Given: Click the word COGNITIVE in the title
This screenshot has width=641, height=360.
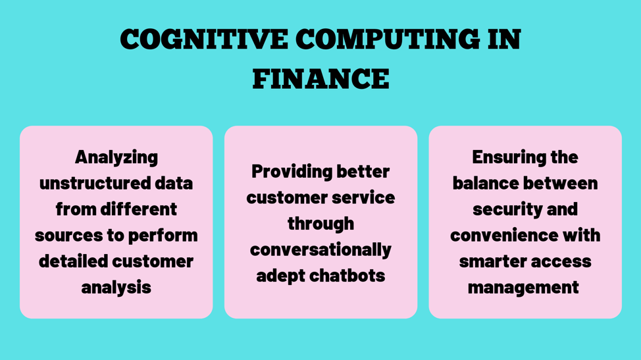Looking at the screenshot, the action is click(x=204, y=39).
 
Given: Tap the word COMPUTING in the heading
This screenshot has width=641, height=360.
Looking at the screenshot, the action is click(x=388, y=39).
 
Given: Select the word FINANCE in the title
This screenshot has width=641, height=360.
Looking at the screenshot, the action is click(x=321, y=79).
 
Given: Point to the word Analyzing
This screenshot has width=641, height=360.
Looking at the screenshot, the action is click(x=116, y=158).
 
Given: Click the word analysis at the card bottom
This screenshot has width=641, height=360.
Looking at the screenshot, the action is click(x=116, y=288).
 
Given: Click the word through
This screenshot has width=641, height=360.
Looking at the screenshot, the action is click(x=321, y=224).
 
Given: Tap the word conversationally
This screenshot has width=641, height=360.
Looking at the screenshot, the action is click(x=321, y=250).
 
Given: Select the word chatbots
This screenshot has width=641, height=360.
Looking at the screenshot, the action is click(x=347, y=276).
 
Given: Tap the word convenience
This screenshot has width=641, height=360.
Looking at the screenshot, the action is click(x=504, y=236).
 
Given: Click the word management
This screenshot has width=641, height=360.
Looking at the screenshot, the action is click(x=524, y=288).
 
